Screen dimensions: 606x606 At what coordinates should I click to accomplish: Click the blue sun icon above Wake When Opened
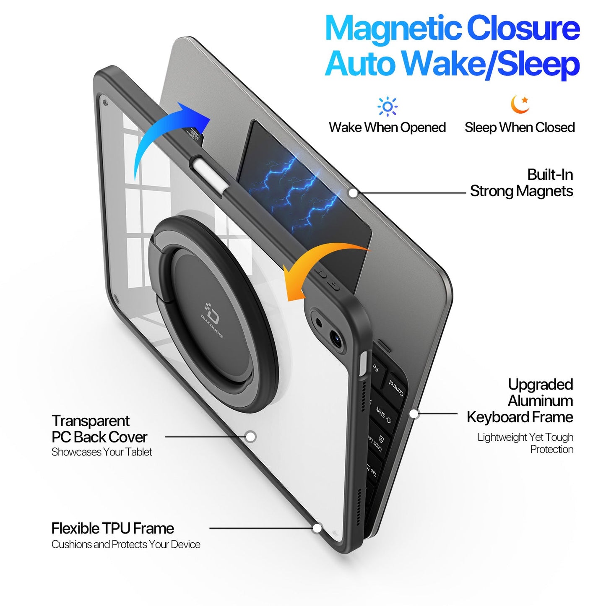pyautogui.click(x=387, y=107)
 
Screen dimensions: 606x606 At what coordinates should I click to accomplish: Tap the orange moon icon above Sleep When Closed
pyautogui.click(x=520, y=104)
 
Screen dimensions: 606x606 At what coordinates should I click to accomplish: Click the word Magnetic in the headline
pyautogui.click(x=393, y=29)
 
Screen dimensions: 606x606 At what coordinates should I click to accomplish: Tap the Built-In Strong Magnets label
pyautogui.click(x=521, y=183)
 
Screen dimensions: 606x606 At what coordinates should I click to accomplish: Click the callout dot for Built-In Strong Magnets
pyautogui.click(x=354, y=193)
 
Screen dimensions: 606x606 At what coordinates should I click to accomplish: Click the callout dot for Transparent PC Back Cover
pyautogui.click(x=250, y=437)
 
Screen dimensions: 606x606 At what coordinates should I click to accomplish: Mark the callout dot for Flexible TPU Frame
pyautogui.click(x=317, y=528)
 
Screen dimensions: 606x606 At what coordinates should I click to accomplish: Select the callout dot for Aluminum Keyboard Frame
pyautogui.click(x=414, y=414)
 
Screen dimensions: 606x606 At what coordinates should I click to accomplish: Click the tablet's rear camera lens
pyautogui.click(x=336, y=337)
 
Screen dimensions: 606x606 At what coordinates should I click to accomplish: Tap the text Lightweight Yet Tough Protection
pyautogui.click(x=525, y=443)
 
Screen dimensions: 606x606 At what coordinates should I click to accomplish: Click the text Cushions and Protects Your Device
pyautogui.click(x=126, y=544)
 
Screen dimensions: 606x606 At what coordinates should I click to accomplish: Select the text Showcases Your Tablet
pyautogui.click(x=101, y=452)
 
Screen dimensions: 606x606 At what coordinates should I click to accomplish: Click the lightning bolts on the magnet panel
pyautogui.click(x=294, y=189)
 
